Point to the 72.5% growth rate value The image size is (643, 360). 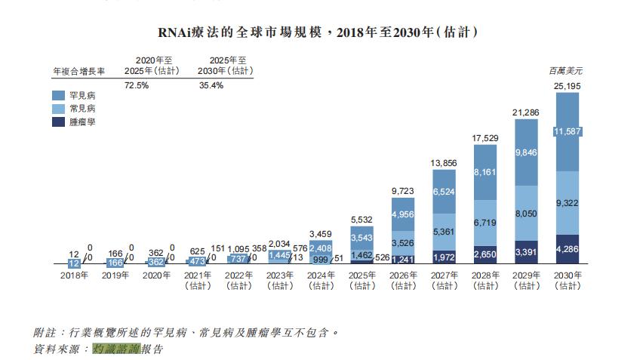click(136, 85)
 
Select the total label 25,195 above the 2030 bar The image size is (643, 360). click(567, 86)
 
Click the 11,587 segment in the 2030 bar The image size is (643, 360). click(567, 132)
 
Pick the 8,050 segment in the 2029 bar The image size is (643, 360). click(525, 214)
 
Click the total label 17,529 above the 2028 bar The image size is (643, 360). click(485, 138)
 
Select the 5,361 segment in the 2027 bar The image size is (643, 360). click(444, 232)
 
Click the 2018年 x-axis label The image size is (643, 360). click(75, 275)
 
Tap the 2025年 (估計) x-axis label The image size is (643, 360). click(361, 280)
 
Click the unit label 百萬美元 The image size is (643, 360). click(565, 70)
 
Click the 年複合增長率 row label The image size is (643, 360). click(78, 71)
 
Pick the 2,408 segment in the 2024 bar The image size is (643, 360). click(321, 247)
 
